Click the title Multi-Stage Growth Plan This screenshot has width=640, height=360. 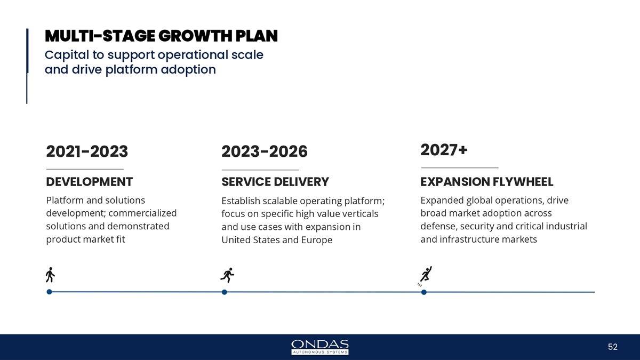161,36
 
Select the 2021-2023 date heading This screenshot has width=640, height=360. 87,152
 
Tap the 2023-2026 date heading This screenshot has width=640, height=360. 264,152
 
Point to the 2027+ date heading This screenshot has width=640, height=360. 444,149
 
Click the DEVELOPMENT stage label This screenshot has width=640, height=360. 89,182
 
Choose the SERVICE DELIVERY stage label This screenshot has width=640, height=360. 275,182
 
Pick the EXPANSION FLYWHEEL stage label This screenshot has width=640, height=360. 486,182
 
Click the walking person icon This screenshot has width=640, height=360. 50,275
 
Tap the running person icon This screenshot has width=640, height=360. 227,275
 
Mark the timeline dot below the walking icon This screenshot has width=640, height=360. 49,292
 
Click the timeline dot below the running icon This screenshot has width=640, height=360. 225,292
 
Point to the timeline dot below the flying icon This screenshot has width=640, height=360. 423,292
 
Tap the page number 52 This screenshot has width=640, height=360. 612,347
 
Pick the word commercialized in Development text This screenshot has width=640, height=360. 142,213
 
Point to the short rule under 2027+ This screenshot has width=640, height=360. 459,168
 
